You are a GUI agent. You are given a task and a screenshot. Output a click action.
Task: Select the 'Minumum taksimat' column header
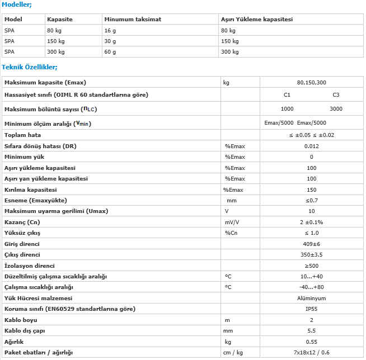133,20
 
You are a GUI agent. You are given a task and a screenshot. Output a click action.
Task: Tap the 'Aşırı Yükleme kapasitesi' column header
257,20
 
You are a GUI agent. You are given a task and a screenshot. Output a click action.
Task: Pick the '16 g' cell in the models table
110,30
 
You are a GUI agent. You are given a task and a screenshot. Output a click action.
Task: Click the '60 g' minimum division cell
110,51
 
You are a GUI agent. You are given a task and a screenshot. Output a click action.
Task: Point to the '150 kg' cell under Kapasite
57,41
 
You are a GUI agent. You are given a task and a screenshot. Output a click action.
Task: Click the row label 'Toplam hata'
23,135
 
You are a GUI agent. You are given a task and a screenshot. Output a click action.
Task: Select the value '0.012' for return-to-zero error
312,146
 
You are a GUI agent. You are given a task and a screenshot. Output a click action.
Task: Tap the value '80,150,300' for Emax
312,83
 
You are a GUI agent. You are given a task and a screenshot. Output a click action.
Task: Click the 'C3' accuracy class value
336,95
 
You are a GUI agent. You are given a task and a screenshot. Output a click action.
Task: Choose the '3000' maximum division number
336,109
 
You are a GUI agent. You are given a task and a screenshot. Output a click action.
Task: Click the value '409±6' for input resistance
312,244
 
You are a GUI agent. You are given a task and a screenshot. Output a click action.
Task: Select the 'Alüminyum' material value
312,298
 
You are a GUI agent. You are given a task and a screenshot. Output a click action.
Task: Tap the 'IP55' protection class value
312,309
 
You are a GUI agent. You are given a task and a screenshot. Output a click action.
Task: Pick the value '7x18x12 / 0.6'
312,353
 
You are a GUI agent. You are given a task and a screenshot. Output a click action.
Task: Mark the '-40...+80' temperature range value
312,287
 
